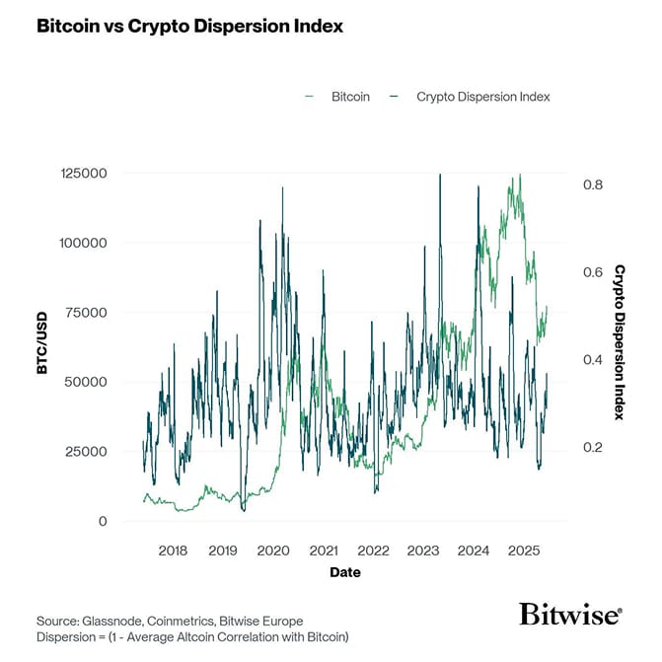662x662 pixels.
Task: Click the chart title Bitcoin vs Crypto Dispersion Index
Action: tap(189, 27)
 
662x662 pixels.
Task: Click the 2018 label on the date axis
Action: tap(173, 551)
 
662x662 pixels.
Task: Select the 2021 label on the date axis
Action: tap(323, 551)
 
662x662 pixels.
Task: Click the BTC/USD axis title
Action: tap(42, 347)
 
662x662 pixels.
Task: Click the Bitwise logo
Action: tap(569, 615)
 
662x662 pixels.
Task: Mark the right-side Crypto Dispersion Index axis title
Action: tap(620, 341)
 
